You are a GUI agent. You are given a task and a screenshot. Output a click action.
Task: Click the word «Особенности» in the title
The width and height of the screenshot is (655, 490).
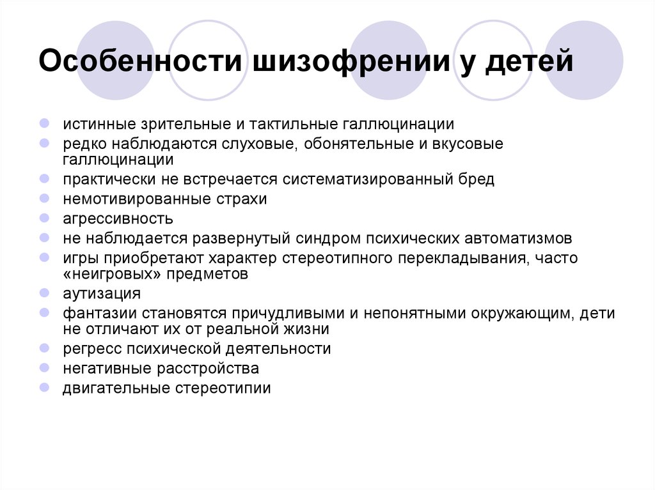[x=140, y=61]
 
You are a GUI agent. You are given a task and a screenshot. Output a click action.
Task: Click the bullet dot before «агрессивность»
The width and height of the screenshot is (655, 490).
[x=44, y=218]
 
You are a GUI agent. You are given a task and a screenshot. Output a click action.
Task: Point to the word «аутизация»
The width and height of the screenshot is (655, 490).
[x=102, y=293]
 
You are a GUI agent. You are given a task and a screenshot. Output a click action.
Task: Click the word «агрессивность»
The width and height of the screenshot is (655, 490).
[x=118, y=218]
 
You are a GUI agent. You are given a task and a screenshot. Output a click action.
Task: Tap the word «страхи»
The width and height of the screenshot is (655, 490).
[x=241, y=199]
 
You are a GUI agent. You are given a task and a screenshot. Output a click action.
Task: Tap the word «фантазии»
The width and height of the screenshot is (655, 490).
[x=102, y=314]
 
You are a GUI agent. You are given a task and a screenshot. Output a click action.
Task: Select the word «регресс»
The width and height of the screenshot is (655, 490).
[x=92, y=349]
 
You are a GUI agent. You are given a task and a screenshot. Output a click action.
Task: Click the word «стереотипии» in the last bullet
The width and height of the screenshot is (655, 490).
[x=223, y=388]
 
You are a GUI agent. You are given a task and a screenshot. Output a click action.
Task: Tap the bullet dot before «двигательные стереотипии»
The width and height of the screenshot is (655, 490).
[x=44, y=387]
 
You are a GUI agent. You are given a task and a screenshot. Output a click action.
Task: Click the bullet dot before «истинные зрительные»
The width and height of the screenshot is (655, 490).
[x=44, y=123]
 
